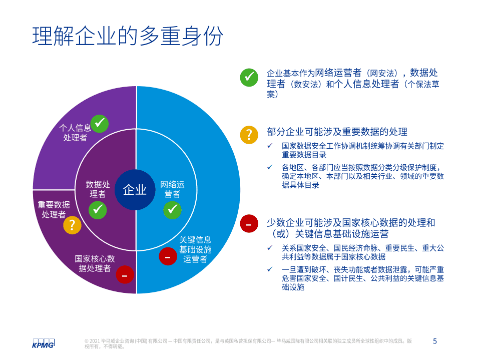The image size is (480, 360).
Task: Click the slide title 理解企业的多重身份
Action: point(128,36)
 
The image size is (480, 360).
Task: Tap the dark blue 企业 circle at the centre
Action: point(135,190)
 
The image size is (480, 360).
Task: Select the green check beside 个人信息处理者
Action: point(100,123)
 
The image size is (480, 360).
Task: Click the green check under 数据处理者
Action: point(98,210)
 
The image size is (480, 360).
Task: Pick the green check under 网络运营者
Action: point(172,210)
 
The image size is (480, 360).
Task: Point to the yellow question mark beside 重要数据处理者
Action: point(72,225)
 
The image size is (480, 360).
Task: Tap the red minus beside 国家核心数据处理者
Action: point(125,274)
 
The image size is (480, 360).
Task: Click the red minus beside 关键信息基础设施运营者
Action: point(168,256)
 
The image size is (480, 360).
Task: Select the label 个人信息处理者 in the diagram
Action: point(75,132)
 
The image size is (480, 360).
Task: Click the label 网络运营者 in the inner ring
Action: point(172,189)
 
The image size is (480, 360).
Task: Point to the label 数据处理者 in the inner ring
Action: point(98,189)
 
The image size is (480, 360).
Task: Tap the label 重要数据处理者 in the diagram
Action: point(54,209)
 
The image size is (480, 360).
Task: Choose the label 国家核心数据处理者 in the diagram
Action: point(95,263)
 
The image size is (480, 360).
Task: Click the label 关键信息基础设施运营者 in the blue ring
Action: point(195,249)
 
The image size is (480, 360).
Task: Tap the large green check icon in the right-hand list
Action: point(249,78)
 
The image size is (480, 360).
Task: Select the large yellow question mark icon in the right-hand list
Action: point(249,135)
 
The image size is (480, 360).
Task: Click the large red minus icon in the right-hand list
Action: point(249,224)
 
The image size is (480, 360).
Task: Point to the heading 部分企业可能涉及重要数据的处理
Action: point(337,132)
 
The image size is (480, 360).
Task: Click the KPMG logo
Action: point(43,343)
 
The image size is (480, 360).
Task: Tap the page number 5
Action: point(434,341)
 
